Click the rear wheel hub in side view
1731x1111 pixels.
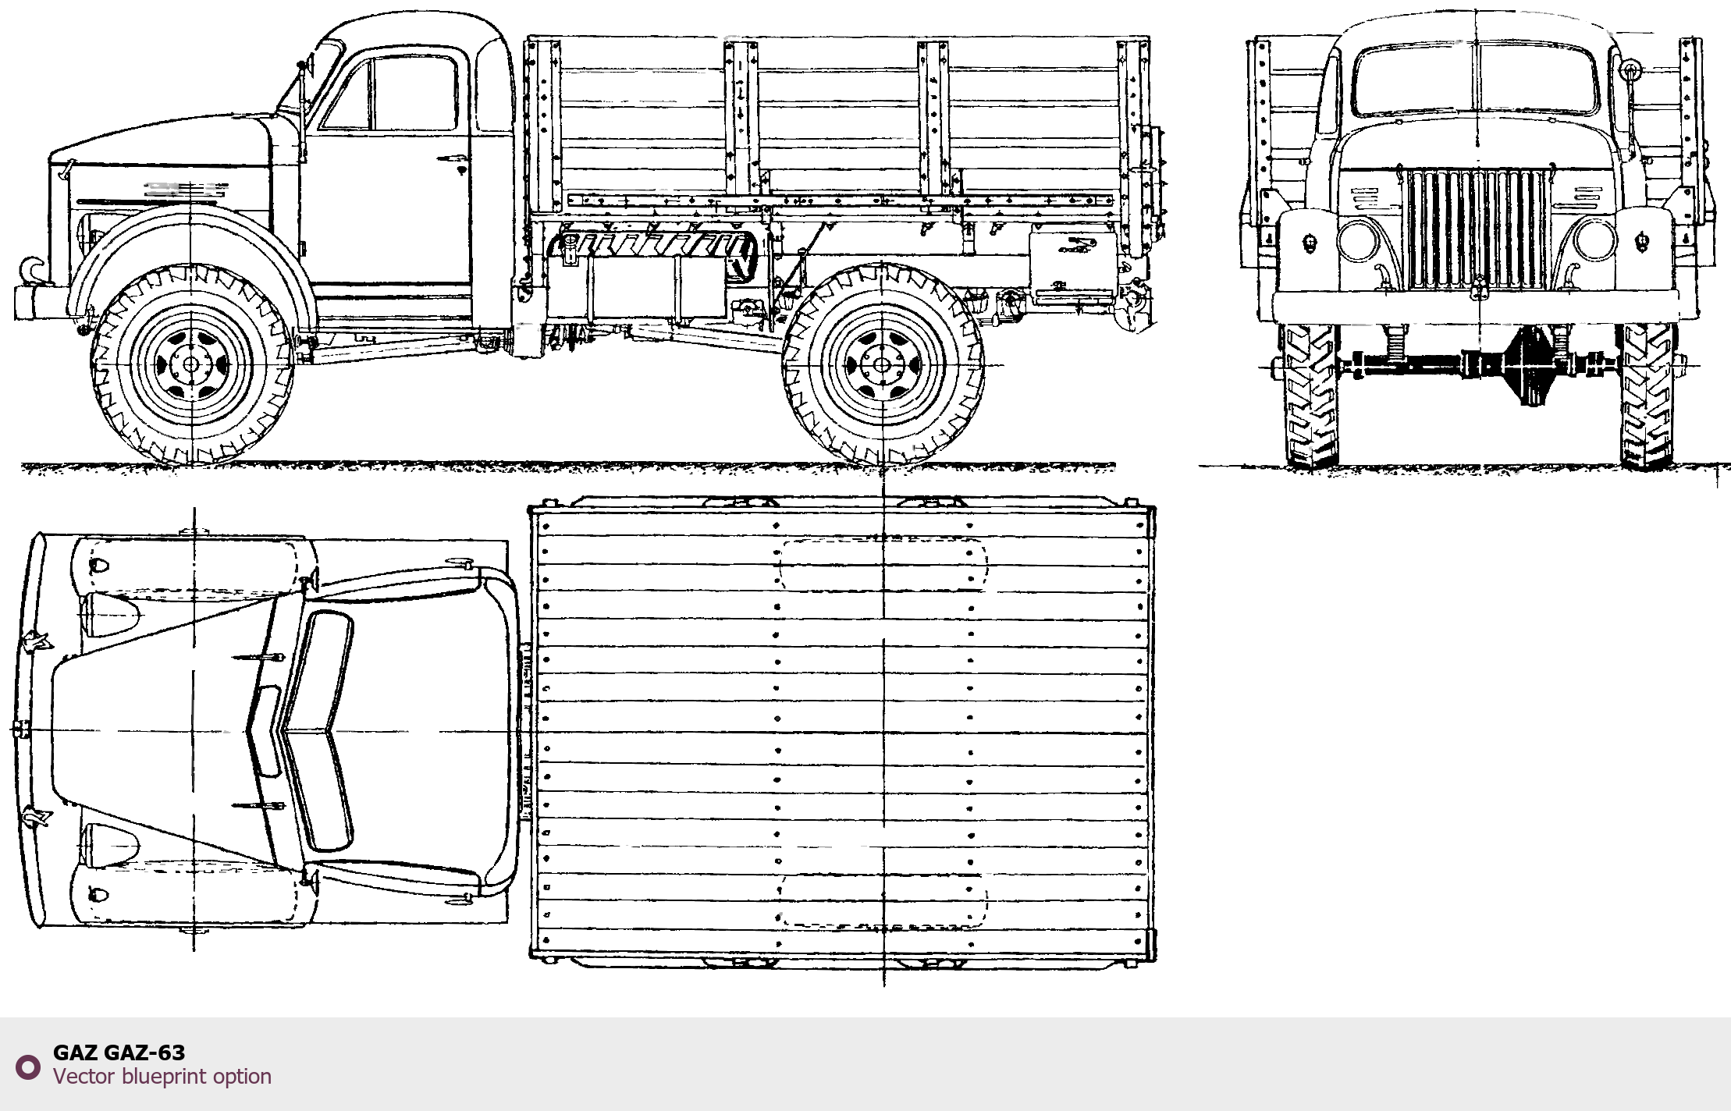click(x=883, y=364)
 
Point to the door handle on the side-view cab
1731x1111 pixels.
click(x=453, y=160)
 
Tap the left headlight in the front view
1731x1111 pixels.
click(x=1358, y=241)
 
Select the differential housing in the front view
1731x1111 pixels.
click(x=1531, y=365)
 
